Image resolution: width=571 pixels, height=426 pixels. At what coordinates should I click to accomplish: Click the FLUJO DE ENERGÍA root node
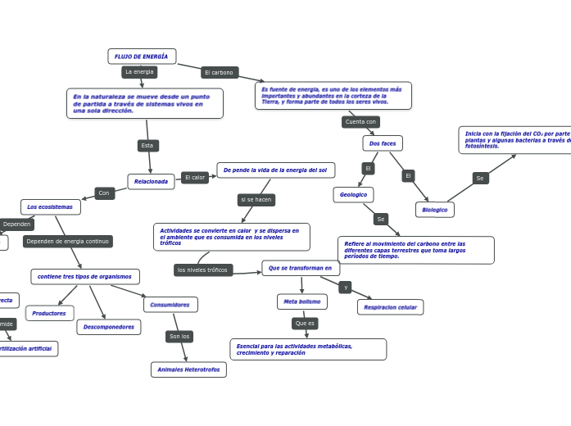click(142, 57)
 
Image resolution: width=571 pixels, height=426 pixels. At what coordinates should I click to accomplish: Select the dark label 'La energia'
click(139, 72)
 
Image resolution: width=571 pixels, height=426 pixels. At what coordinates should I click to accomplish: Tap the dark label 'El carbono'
click(220, 73)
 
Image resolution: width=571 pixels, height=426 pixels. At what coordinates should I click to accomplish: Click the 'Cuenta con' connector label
click(360, 122)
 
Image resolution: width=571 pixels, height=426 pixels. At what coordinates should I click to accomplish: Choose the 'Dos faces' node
click(383, 143)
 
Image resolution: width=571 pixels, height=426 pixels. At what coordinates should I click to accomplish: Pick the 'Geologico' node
click(353, 195)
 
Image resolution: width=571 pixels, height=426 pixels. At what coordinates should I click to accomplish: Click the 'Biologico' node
click(434, 210)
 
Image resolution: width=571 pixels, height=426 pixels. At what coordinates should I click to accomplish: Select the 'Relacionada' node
click(151, 182)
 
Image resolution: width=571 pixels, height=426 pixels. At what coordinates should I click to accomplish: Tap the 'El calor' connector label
click(195, 178)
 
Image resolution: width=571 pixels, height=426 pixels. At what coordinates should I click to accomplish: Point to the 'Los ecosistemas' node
click(50, 207)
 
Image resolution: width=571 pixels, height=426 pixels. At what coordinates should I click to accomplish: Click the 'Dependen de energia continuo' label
click(67, 242)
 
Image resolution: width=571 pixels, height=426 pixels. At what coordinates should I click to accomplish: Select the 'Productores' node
click(49, 313)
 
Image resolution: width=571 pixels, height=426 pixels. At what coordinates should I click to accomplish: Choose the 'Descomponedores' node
click(109, 327)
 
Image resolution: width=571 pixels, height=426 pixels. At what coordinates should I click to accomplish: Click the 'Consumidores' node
click(170, 305)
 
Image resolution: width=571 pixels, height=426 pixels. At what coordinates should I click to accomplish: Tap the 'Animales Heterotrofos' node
click(188, 369)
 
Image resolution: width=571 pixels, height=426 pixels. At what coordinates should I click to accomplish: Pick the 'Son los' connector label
click(179, 337)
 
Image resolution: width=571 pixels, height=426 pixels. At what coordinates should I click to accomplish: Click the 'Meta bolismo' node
click(302, 301)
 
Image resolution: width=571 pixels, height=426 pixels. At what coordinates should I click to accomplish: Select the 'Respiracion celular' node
click(390, 307)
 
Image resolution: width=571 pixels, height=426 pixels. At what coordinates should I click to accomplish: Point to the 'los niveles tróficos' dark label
click(203, 270)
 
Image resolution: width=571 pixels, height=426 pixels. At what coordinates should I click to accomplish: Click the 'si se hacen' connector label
click(256, 200)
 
